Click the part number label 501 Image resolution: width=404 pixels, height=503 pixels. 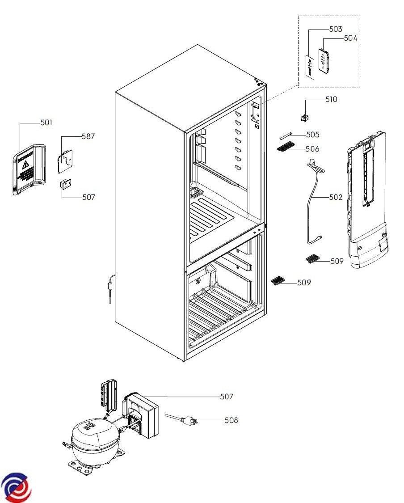(x=46, y=123)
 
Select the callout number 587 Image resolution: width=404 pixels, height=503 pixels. (x=88, y=137)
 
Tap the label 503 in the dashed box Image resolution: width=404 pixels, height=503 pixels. (x=335, y=30)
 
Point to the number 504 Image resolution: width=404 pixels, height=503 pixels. (x=351, y=38)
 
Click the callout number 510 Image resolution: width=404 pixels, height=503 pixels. (x=331, y=100)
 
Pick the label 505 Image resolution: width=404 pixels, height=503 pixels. (x=313, y=135)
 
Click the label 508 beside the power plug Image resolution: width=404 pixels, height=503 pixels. (x=231, y=420)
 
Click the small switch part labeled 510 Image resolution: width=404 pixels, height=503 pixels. (x=306, y=118)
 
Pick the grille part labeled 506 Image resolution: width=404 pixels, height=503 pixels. (x=286, y=148)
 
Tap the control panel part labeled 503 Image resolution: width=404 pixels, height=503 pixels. (x=309, y=67)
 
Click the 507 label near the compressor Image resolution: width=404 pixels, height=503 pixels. (x=227, y=397)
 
